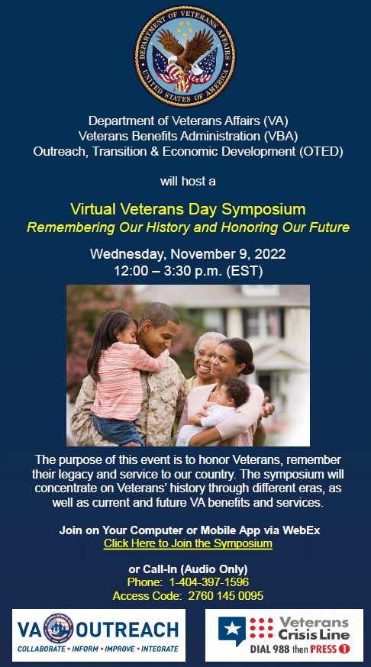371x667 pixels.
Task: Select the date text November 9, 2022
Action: tap(228, 254)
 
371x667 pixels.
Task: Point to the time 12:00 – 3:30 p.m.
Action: tap(168, 271)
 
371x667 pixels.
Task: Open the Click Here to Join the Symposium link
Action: tap(188, 543)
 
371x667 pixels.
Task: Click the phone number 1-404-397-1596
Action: tap(209, 582)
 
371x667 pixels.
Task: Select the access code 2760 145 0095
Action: tap(225, 596)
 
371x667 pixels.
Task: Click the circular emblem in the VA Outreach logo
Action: tap(59, 628)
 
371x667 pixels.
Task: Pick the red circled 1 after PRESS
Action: tap(344, 649)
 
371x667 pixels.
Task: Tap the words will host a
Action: tap(188, 181)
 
